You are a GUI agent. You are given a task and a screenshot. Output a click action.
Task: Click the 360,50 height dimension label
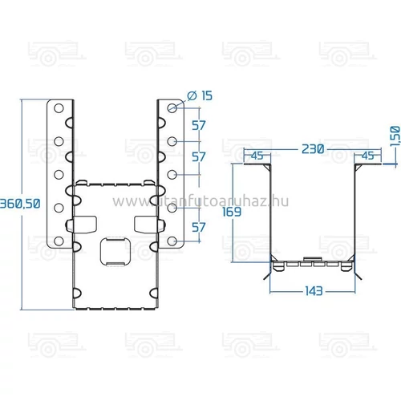tap(20, 204)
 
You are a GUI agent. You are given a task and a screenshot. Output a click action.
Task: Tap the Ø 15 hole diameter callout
tap(200, 95)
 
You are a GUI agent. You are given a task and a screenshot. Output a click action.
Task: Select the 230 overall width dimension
tap(313, 149)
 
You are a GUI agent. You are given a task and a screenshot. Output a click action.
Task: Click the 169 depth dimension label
tap(232, 212)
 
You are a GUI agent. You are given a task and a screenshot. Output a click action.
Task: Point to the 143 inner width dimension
tap(314, 290)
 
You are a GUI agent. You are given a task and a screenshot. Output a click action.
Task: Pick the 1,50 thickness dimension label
tap(395, 136)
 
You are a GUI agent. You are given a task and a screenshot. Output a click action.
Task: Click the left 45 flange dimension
tap(257, 156)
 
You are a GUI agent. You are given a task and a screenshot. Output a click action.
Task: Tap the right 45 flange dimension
tap(367, 156)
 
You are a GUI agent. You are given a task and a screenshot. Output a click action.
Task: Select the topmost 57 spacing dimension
tap(199, 125)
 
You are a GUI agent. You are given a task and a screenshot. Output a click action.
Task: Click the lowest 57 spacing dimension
tap(199, 227)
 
